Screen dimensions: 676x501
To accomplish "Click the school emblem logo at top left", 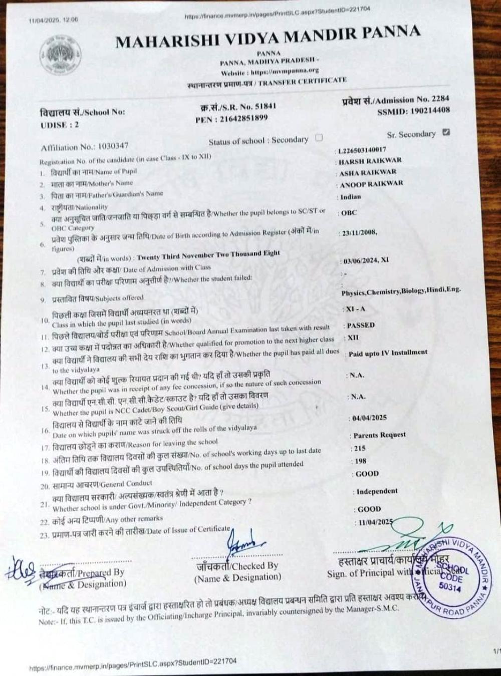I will click(x=61, y=55).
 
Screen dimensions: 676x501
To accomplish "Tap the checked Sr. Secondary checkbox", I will click(x=446, y=133).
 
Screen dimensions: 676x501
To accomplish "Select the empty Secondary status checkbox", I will click(x=319, y=138).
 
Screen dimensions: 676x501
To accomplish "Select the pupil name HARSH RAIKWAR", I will click(x=370, y=161).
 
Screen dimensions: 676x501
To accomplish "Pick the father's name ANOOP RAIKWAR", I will click(x=371, y=184).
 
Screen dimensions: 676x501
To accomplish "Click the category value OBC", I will click(x=349, y=213).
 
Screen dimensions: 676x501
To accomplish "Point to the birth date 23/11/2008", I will click(x=359, y=233).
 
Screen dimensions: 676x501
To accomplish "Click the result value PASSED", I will click(x=361, y=325).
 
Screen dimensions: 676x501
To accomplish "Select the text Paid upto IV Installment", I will click(x=388, y=353).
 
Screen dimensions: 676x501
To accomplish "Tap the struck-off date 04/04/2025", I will click(x=369, y=418).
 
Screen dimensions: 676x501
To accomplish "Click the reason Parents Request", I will click(x=379, y=435).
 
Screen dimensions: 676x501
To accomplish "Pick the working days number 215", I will click(x=360, y=448).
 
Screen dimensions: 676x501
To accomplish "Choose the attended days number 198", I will click(x=360, y=461).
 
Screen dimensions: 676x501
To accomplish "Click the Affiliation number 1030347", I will click(x=114, y=146).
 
